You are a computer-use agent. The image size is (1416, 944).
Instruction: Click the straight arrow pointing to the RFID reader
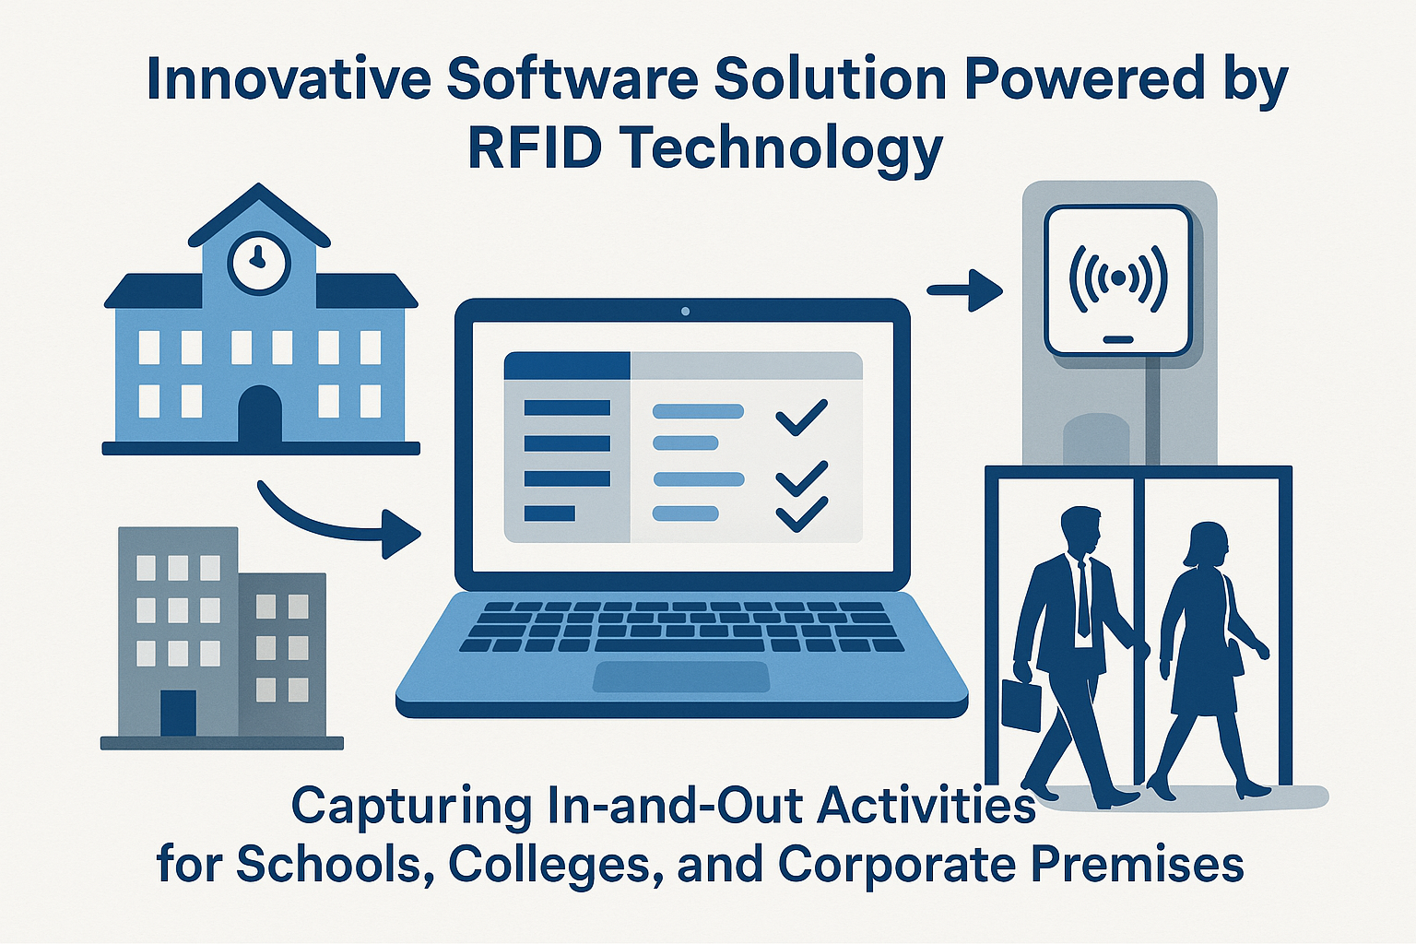point(964,290)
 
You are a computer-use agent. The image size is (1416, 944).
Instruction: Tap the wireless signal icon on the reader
point(1117,278)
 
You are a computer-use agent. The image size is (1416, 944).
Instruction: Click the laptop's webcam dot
point(685,311)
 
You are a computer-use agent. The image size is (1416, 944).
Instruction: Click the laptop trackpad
point(681,677)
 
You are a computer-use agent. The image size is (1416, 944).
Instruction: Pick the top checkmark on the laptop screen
point(801,418)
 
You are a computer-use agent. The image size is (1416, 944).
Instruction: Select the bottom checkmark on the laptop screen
point(801,513)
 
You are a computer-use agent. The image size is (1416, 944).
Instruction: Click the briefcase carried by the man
point(1021,704)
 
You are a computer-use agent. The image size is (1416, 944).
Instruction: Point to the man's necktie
point(1083,596)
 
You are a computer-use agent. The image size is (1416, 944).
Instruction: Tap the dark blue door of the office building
point(178,714)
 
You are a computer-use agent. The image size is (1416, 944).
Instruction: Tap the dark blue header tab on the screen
point(567,365)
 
